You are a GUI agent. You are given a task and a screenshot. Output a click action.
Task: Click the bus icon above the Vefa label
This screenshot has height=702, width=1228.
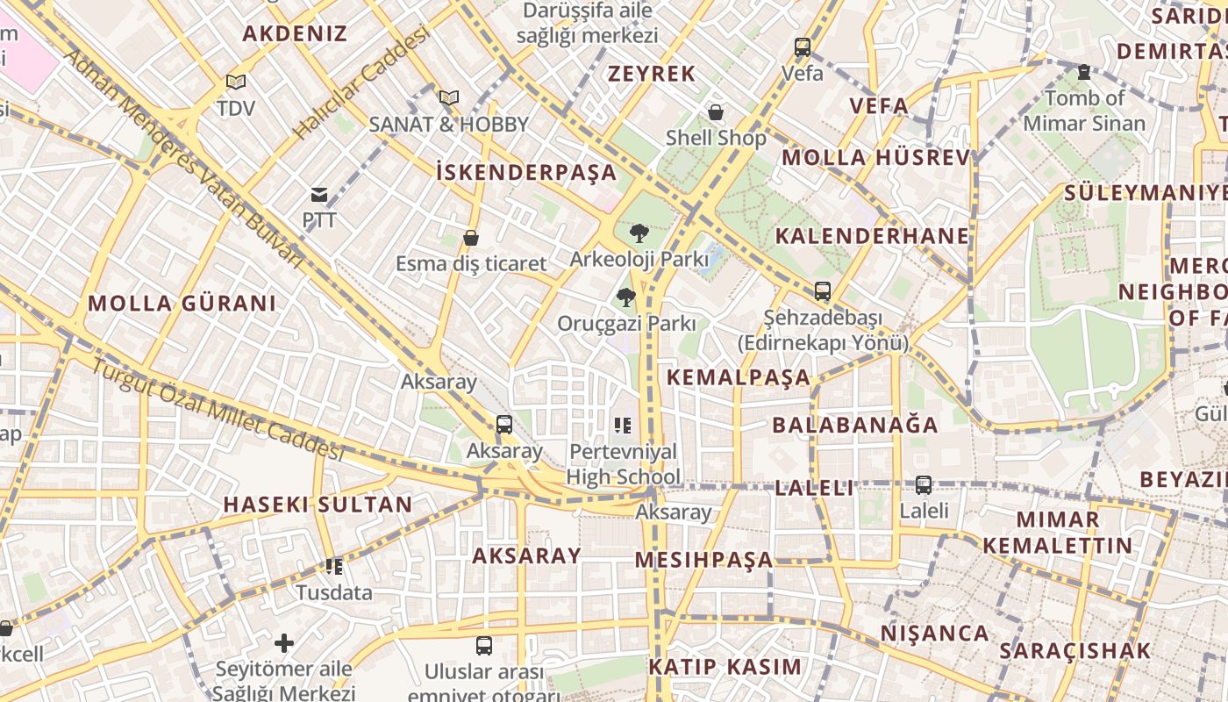(803, 47)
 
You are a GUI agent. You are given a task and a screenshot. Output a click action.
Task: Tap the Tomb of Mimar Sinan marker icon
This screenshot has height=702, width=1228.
(1084, 72)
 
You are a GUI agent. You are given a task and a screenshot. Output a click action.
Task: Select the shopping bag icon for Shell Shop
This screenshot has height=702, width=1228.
(716, 112)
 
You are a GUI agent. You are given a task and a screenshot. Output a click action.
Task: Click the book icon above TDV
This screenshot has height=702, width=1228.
(235, 82)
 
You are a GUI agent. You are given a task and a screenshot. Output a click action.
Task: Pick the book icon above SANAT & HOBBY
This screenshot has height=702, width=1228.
(449, 97)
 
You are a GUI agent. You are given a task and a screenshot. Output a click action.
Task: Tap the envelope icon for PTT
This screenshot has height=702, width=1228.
(319, 195)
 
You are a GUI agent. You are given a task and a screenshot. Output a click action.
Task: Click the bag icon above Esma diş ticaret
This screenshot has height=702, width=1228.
(471, 238)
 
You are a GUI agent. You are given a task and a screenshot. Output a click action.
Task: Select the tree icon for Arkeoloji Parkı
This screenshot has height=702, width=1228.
(639, 233)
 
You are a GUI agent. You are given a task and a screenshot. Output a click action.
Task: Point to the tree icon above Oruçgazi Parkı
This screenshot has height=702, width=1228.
(626, 297)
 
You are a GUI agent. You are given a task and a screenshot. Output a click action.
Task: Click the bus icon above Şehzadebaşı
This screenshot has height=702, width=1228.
(822, 290)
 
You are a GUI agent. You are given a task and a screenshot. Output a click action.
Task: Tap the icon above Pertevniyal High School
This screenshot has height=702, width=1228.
(623, 426)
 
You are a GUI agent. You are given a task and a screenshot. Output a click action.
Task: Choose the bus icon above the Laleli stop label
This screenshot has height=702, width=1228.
(923, 484)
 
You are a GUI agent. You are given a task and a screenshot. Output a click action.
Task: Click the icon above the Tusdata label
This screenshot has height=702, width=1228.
(333, 567)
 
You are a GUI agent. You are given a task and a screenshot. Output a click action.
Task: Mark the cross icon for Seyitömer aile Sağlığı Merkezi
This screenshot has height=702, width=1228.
(283, 643)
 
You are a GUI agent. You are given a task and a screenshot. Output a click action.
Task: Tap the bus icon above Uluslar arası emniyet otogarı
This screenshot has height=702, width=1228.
(483, 646)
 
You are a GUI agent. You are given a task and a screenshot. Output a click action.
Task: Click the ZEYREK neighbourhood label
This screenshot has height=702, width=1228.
(652, 74)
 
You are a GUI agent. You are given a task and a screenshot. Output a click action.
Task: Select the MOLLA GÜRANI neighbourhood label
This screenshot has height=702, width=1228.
(182, 304)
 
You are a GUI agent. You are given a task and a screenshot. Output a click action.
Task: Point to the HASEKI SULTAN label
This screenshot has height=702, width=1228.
(318, 505)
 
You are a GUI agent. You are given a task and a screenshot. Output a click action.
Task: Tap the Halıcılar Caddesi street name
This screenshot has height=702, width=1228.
(361, 83)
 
